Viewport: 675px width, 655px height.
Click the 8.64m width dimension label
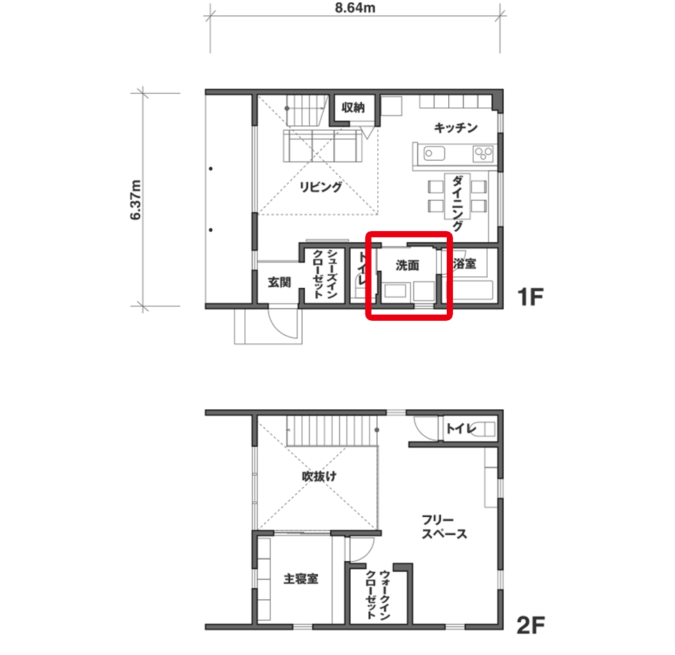(355, 8)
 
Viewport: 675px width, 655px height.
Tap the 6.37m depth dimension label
(136, 200)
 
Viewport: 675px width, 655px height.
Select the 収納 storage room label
(354, 107)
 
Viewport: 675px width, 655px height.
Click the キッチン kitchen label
(456, 127)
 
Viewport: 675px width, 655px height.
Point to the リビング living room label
(321, 187)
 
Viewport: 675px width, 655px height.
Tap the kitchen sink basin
(434, 153)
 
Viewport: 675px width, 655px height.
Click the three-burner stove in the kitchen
(483, 153)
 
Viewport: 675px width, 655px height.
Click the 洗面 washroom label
(407, 265)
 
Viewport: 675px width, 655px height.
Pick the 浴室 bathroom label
(465, 264)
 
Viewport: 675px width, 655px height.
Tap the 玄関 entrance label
(279, 283)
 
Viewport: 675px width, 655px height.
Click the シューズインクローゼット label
(325, 274)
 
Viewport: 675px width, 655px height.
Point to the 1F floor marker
(530, 297)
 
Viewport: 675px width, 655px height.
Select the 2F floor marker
(530, 625)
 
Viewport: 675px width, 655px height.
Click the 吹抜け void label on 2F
(319, 476)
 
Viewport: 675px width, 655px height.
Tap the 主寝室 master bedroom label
(301, 578)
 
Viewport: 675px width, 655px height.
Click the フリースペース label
(444, 527)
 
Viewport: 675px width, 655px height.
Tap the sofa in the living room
(322, 146)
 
